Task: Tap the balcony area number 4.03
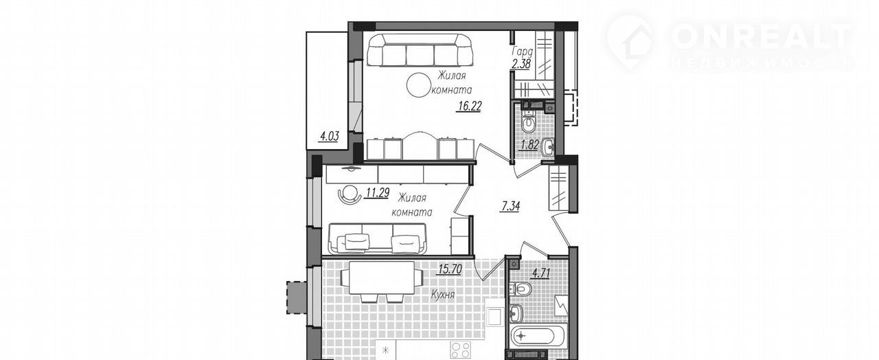point(329,137)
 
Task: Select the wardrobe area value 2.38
point(521,64)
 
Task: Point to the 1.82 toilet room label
point(529,145)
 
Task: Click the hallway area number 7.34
point(510,206)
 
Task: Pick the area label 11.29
point(102,193)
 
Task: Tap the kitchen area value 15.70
point(450,269)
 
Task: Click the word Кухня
point(443,295)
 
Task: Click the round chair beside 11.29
point(75,194)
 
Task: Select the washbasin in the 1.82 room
point(547,147)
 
